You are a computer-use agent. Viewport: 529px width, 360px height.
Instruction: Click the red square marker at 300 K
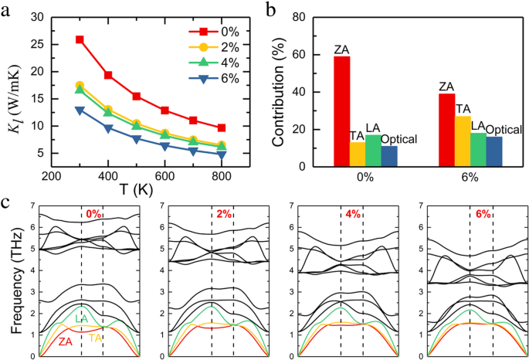pos(80,39)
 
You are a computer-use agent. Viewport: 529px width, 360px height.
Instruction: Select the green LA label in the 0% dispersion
pos(80,318)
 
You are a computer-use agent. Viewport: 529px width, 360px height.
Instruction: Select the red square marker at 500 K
pos(136,96)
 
